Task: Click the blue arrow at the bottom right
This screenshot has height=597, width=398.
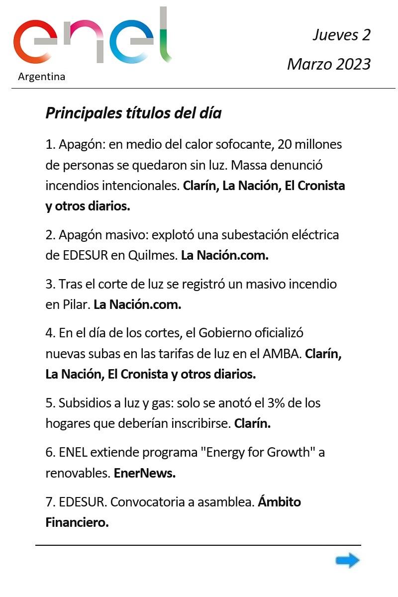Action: (x=347, y=561)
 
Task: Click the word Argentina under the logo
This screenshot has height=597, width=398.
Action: (x=41, y=77)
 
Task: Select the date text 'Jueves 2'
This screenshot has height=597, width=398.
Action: (x=342, y=35)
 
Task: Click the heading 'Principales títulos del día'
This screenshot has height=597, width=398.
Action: (x=133, y=113)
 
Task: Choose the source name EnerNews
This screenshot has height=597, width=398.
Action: (x=145, y=473)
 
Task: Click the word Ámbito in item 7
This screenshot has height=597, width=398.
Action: (x=279, y=502)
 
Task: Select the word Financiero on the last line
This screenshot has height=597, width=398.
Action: (x=77, y=523)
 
